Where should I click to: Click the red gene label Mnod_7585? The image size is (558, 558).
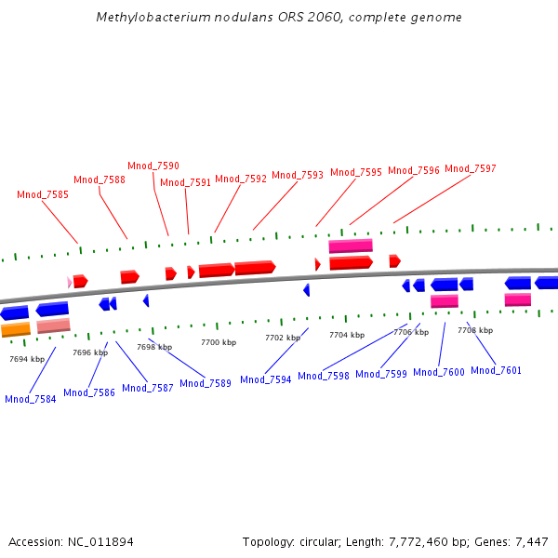[x=43, y=195]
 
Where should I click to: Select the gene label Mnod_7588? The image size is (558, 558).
[x=100, y=180]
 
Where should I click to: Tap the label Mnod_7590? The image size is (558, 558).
[x=153, y=166]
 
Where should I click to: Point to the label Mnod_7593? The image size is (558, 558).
[x=298, y=175]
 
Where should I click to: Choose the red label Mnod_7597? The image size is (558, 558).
[x=471, y=169]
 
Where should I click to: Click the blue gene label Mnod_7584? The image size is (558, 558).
[x=31, y=399]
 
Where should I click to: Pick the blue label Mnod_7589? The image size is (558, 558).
[x=206, y=383]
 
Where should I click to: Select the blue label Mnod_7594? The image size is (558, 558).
[x=266, y=379]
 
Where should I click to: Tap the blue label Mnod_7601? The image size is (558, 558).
[x=496, y=370]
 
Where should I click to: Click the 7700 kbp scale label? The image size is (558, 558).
[x=219, y=343]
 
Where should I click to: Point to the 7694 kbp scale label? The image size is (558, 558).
[x=27, y=359]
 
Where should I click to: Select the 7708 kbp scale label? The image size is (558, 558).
[x=475, y=330]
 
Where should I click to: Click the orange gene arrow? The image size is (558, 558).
[x=16, y=329]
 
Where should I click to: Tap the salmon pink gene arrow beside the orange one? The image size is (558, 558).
[x=53, y=325]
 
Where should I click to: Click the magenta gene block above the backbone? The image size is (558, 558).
[x=351, y=246]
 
